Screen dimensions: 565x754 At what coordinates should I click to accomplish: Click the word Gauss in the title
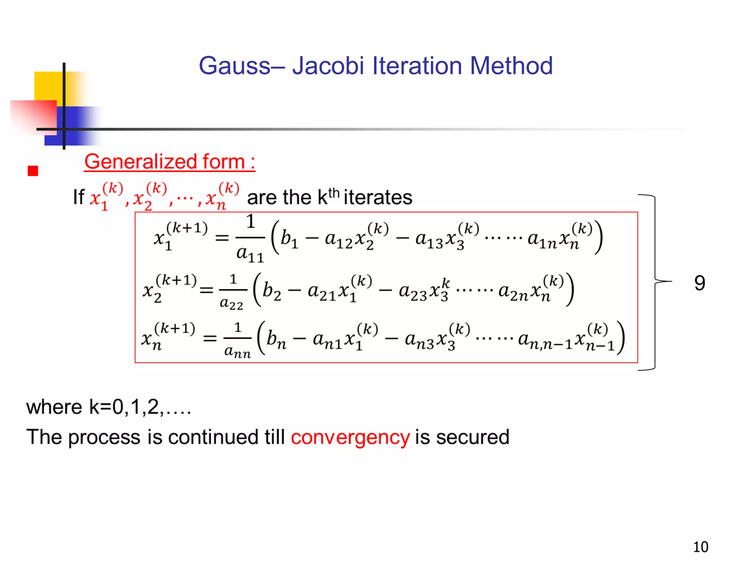click(x=235, y=66)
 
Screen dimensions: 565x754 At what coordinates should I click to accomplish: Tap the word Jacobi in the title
click(x=328, y=66)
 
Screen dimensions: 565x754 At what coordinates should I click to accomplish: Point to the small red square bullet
click(x=33, y=171)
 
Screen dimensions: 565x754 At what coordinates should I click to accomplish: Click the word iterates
click(x=378, y=198)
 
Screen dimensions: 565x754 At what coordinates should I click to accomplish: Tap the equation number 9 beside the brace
click(x=700, y=283)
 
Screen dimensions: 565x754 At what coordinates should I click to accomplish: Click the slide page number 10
click(x=700, y=547)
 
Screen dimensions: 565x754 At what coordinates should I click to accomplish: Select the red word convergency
click(x=350, y=438)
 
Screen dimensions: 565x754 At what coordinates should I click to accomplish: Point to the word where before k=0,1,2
click(x=54, y=407)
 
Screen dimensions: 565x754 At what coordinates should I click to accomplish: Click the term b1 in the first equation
click(x=289, y=239)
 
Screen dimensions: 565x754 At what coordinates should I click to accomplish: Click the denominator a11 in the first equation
click(x=250, y=254)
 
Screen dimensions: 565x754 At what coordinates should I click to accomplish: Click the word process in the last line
click(x=104, y=438)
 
